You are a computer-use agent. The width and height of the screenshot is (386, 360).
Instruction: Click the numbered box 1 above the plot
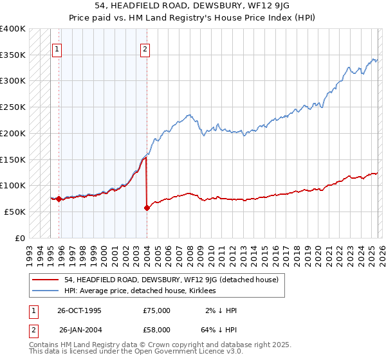coord(57,49)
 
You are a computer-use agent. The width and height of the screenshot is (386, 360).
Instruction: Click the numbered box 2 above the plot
coord(145,49)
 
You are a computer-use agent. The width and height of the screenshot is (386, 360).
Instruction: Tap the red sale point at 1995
coord(59,199)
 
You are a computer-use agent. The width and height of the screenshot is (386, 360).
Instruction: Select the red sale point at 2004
coord(147,208)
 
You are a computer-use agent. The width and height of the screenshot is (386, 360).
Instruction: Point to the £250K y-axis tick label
coord(13,107)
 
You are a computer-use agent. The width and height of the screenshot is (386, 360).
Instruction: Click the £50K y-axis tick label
coord(15,212)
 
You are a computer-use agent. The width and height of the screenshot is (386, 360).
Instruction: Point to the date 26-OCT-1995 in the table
coord(79,310)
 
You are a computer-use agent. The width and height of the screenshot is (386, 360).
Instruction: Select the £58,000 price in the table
coord(156,330)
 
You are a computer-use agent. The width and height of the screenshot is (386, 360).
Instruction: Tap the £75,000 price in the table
coord(156,310)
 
